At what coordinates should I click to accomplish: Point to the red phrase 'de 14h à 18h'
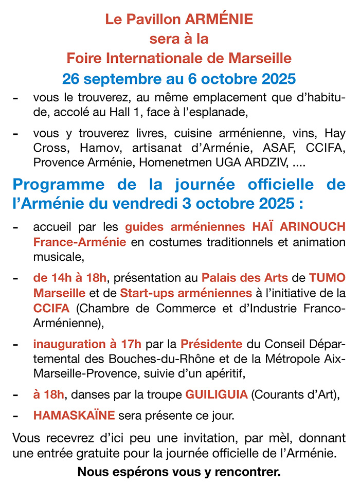point(70,278)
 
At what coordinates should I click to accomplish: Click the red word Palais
point(218,278)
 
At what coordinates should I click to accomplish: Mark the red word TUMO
point(327,278)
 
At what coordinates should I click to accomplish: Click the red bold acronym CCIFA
point(49,308)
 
